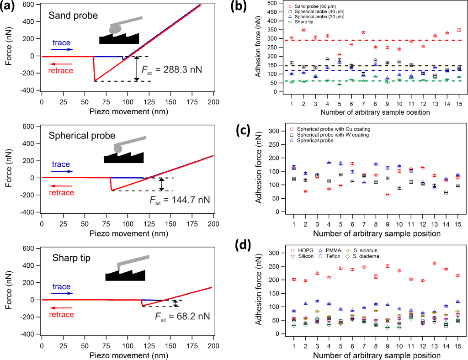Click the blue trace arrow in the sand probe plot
pos(62,49)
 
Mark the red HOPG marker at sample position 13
pos(434,263)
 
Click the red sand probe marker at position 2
pos(303,30)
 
